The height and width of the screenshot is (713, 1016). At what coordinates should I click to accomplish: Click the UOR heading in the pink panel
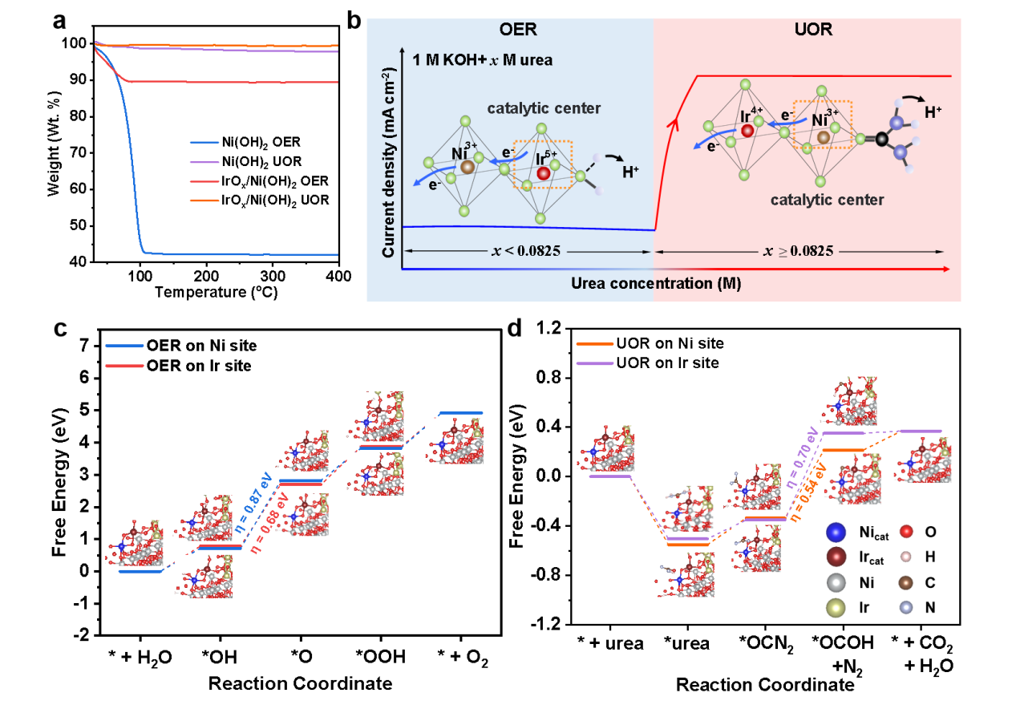[811, 30]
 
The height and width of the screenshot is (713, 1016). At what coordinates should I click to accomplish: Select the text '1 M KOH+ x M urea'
[483, 60]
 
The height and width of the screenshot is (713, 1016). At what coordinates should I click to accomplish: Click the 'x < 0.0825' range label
[525, 251]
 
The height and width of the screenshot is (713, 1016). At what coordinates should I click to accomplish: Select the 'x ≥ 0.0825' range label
[799, 251]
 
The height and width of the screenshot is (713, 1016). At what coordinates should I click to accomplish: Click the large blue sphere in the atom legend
[836, 531]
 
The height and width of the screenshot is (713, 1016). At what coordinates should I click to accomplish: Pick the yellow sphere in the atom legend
[836, 608]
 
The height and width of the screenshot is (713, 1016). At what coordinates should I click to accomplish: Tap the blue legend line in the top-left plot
[204, 143]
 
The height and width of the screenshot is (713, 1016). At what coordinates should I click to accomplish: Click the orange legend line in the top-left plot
[204, 201]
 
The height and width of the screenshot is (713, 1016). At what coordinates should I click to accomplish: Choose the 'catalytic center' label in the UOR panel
[827, 200]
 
